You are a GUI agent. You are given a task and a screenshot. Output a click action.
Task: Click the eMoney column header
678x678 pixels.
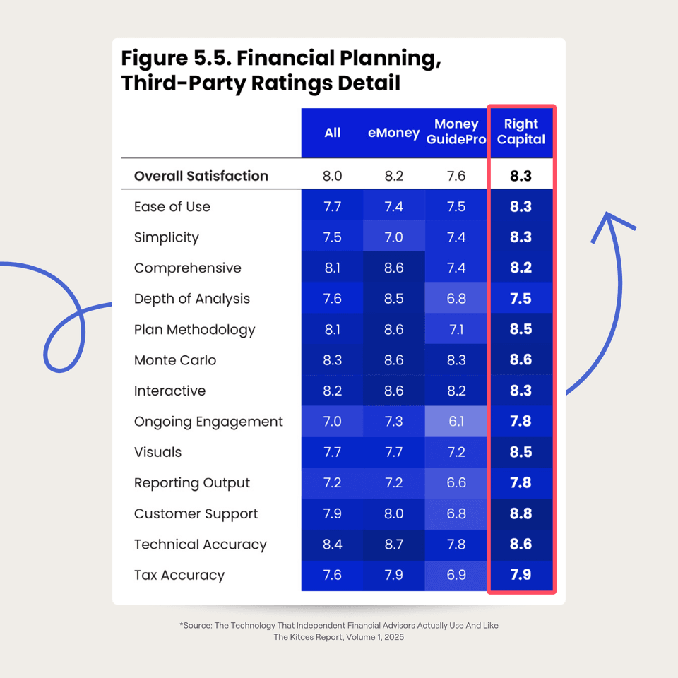(393, 133)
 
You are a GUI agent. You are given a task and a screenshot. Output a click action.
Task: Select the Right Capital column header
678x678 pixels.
(521, 132)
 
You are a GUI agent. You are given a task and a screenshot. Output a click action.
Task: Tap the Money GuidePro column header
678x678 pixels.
(456, 132)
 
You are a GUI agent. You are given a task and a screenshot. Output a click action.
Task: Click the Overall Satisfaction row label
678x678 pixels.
(201, 176)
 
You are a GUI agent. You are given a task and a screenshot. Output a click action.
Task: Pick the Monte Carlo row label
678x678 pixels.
(175, 360)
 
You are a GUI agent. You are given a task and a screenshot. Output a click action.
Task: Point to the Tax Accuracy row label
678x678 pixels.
(179, 575)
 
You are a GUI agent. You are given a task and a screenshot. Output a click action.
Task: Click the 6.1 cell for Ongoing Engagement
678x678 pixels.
(456, 422)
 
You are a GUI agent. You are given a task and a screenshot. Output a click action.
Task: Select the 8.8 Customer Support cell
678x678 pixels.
(521, 513)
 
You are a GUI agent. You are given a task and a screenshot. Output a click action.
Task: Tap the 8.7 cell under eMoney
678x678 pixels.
(393, 545)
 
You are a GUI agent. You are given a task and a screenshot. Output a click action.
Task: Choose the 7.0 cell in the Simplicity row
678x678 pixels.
(393, 237)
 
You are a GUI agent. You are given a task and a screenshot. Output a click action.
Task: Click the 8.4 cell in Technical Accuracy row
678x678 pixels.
(332, 545)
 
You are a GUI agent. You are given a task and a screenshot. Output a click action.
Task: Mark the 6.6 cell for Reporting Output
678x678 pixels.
(456, 483)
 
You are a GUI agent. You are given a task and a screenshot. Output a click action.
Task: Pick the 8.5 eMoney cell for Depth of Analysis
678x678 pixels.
(393, 299)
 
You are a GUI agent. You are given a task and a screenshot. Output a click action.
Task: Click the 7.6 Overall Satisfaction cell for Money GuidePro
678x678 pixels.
(456, 176)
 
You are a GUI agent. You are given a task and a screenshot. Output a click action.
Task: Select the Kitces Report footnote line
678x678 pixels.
(339, 637)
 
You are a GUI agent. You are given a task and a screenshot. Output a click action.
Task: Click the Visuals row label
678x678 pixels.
(157, 452)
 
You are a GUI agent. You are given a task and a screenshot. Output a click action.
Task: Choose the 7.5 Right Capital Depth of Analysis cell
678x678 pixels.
(521, 299)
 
